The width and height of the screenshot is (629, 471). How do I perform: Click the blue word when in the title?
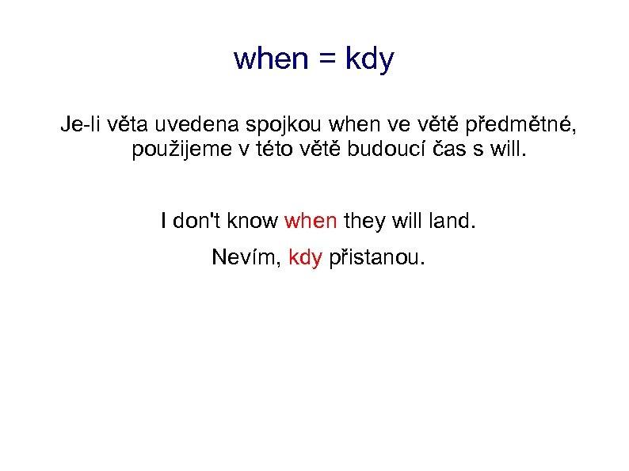tap(271, 59)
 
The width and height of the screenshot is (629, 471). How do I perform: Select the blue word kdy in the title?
tap(369, 60)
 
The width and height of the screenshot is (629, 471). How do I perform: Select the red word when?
tap(311, 221)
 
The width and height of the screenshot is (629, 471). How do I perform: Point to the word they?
tap(364, 222)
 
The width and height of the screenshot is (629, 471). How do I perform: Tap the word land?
tap(452, 221)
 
